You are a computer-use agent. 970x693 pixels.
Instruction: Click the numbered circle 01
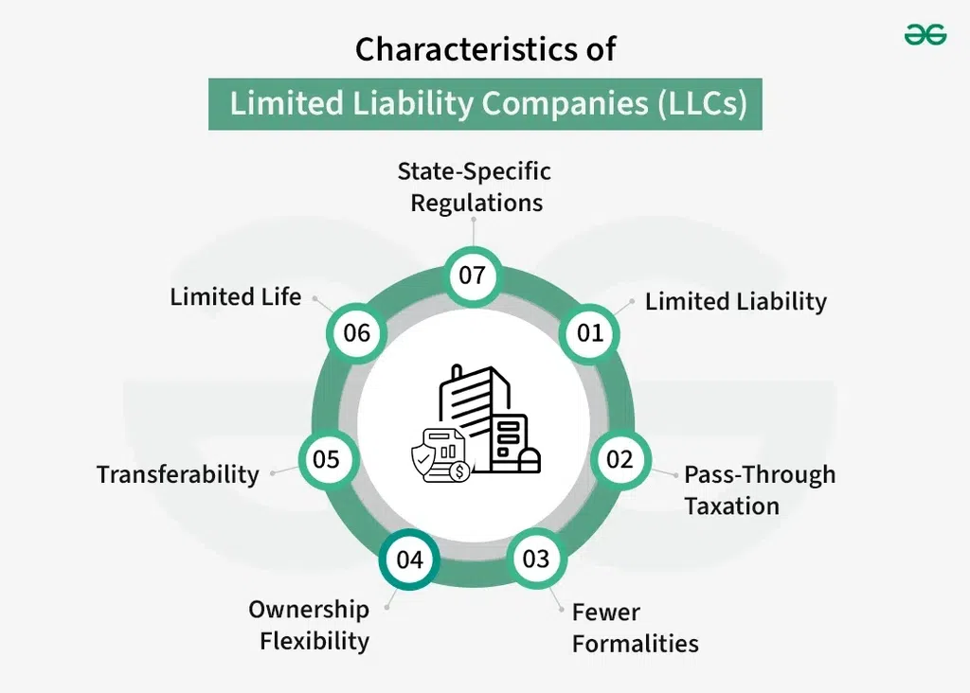click(x=589, y=334)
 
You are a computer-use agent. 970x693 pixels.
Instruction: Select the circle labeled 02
click(x=620, y=460)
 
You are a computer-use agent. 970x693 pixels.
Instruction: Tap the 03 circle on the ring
click(x=536, y=560)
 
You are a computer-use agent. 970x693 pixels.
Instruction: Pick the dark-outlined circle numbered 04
click(x=409, y=560)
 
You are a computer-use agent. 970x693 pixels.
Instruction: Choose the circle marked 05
click(x=327, y=460)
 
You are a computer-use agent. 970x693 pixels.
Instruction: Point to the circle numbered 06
click(x=356, y=334)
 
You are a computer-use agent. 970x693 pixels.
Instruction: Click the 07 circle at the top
click(x=473, y=275)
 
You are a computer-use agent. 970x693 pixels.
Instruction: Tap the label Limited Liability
click(x=735, y=302)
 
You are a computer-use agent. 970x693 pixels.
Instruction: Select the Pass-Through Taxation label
click(x=760, y=490)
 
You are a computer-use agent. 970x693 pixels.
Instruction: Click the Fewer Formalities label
click(x=636, y=628)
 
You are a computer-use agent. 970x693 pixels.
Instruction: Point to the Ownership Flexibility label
click(x=310, y=625)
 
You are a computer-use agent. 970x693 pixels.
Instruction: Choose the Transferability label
click(x=178, y=474)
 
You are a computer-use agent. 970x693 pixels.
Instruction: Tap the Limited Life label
click(x=236, y=296)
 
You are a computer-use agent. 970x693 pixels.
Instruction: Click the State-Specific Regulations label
click(x=475, y=187)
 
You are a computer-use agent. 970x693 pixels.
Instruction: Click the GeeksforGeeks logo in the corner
click(x=925, y=35)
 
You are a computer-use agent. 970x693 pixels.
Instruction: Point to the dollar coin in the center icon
click(x=459, y=472)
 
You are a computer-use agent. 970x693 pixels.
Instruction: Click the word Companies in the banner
click(x=565, y=103)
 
